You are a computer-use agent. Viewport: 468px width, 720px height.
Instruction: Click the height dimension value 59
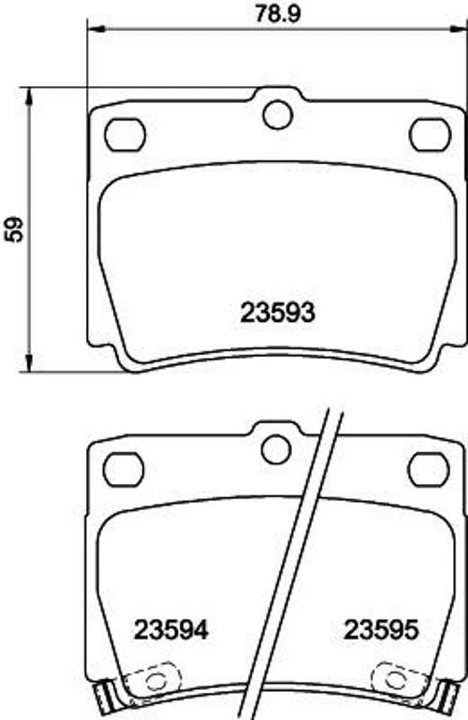[x=15, y=229]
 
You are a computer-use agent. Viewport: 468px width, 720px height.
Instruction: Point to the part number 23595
[x=380, y=630]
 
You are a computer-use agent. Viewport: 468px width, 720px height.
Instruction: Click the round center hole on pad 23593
[x=277, y=115]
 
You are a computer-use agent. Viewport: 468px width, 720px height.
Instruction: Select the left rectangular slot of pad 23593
[x=124, y=136]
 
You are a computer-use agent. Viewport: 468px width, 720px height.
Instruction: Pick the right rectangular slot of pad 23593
[x=431, y=135]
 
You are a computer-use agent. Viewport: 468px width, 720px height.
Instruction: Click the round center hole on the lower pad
[x=276, y=449]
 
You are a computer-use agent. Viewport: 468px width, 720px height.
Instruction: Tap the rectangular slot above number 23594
[x=123, y=469]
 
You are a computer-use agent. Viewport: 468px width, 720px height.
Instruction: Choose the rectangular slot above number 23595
[x=430, y=468]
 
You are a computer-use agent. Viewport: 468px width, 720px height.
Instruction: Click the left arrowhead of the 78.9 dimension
[x=93, y=28]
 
